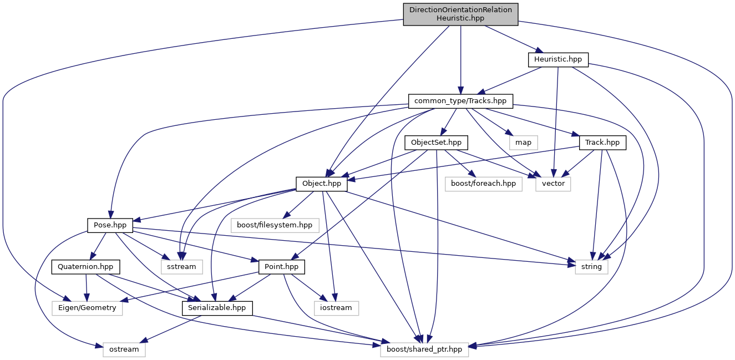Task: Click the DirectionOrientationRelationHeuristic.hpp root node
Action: click(x=460, y=14)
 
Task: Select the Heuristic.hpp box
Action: click(x=557, y=59)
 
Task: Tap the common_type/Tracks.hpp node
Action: click(x=460, y=101)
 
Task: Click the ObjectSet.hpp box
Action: click(x=437, y=143)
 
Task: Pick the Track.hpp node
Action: click(x=602, y=143)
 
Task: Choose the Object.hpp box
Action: click(x=322, y=184)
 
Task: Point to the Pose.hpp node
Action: click(x=110, y=225)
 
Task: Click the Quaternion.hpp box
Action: click(x=86, y=267)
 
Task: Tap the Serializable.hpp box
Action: click(x=217, y=308)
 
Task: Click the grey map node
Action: click(x=523, y=143)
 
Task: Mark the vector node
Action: click(x=553, y=184)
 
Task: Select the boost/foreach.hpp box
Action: click(x=484, y=184)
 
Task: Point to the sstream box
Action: click(x=182, y=267)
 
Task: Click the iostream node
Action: click(x=336, y=308)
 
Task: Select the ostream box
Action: click(x=124, y=349)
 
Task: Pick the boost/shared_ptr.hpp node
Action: click(x=424, y=349)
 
